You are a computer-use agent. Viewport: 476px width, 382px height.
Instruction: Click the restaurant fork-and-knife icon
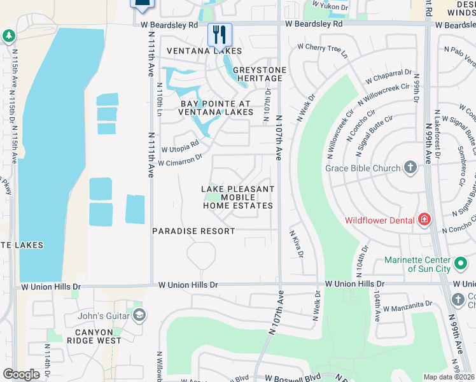[x=220, y=34]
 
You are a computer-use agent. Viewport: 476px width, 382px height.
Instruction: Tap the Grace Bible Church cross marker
[x=410, y=168]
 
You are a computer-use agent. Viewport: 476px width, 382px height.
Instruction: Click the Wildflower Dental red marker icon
[x=424, y=220]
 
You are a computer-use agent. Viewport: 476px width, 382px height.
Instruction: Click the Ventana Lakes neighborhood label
[x=204, y=51]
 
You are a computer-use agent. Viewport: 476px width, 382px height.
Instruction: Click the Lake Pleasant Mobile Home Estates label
[x=238, y=197]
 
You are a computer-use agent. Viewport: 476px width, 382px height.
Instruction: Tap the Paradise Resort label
[x=193, y=231]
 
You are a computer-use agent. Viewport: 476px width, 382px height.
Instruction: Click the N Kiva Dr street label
[x=296, y=244]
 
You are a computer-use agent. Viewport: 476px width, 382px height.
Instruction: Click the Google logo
[x=21, y=374]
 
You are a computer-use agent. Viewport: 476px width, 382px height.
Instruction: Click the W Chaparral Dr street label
[x=389, y=77]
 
